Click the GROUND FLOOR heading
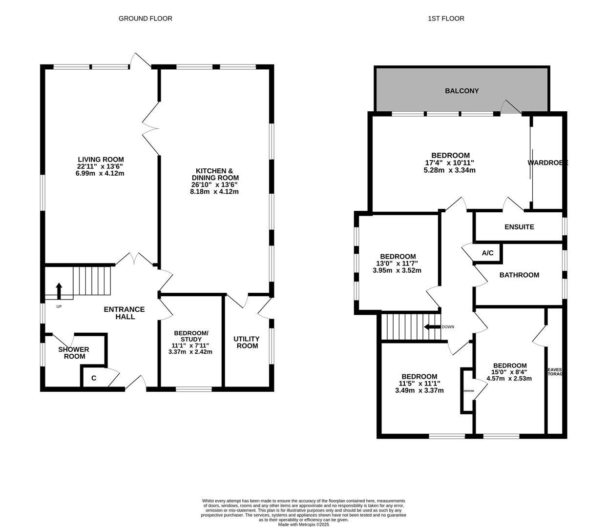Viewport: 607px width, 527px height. pyautogui.click(x=145, y=19)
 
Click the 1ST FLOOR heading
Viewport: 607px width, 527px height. pyautogui.click(x=446, y=19)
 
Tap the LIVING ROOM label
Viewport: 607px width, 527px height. pyautogui.click(x=101, y=160)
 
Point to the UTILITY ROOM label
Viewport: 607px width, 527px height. pyautogui.click(x=246, y=342)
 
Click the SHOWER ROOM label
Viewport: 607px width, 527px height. pyautogui.click(x=74, y=353)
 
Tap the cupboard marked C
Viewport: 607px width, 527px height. pyautogui.click(x=93, y=378)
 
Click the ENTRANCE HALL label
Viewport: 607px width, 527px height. pyautogui.click(x=124, y=313)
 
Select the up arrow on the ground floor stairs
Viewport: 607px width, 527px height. pyautogui.click(x=59, y=291)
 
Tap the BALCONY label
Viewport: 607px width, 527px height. pyautogui.click(x=461, y=91)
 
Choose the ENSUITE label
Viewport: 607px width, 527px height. pyautogui.click(x=519, y=227)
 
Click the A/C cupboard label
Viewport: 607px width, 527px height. pyautogui.click(x=487, y=253)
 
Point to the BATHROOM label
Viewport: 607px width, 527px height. pyautogui.click(x=519, y=275)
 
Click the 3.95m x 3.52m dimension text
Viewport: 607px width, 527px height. pyautogui.click(x=398, y=270)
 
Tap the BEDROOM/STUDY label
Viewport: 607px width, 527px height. pyautogui.click(x=191, y=336)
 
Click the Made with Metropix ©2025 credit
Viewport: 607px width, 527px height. pyautogui.click(x=303, y=525)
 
